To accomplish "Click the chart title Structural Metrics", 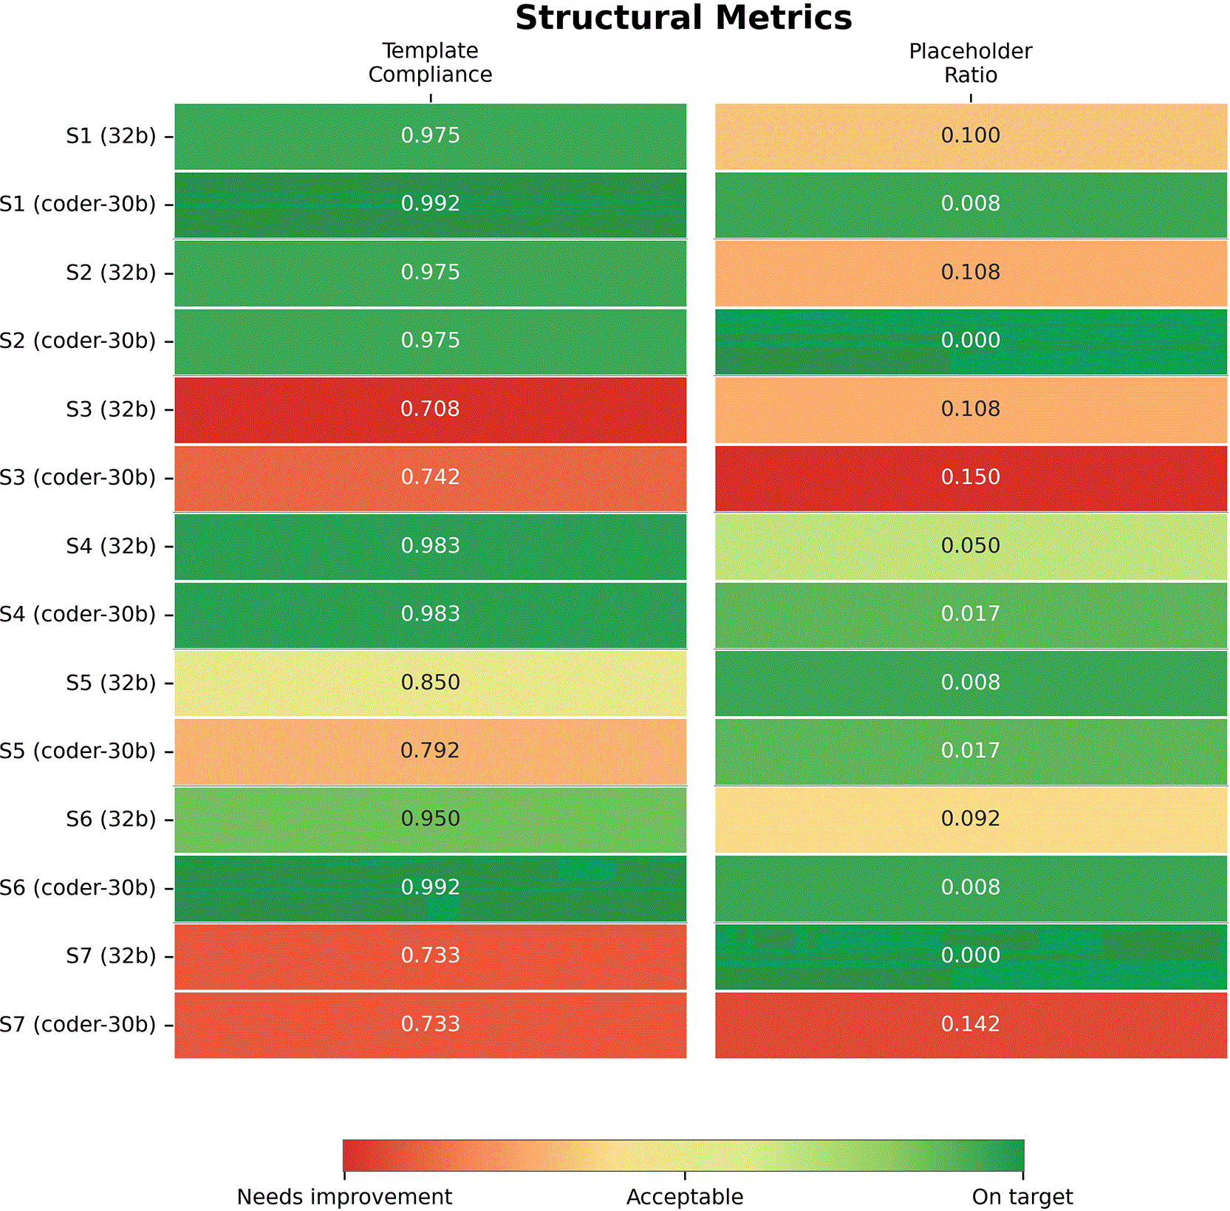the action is [x=683, y=18].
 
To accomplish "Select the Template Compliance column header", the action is [x=430, y=62].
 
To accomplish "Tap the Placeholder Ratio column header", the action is [x=971, y=63].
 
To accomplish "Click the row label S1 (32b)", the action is [x=111, y=136].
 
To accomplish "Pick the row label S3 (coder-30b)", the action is [x=78, y=478].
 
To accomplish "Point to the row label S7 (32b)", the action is [x=111, y=956].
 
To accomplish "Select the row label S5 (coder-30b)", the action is [x=78, y=751].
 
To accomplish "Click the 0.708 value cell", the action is [x=431, y=410].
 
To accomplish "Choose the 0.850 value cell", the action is [x=431, y=683].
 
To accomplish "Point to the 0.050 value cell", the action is [x=971, y=547].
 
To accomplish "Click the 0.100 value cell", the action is [x=971, y=137].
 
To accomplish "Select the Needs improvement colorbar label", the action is [x=344, y=1197].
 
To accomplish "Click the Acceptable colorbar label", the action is [x=685, y=1197].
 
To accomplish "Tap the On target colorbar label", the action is [x=1022, y=1197].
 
